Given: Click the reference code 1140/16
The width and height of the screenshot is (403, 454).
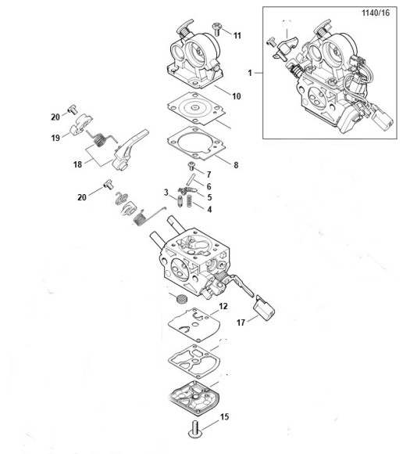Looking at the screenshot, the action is [376, 13].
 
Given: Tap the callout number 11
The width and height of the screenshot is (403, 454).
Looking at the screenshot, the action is [237, 35].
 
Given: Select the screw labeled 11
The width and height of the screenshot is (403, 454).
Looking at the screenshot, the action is [216, 29].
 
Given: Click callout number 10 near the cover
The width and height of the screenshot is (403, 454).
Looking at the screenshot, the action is [237, 96].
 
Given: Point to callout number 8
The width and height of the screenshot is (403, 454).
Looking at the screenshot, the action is [236, 165].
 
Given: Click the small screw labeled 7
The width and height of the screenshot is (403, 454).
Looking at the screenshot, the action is [192, 166].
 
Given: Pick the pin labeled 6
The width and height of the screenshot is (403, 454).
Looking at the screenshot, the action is [191, 179].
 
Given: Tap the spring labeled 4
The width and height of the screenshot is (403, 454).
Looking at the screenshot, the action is [189, 200].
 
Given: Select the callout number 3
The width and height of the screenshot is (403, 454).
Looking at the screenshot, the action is [166, 193].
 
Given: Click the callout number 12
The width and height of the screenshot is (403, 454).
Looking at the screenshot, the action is [223, 306].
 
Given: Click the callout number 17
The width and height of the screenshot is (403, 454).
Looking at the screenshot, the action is [241, 322].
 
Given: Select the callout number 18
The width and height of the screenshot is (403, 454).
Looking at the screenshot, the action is [77, 164].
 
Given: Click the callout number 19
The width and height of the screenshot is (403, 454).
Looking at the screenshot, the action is [55, 138].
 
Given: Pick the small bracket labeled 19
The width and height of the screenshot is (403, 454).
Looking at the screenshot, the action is [80, 124].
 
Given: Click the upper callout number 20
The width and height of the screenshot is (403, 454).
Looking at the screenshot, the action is [55, 117].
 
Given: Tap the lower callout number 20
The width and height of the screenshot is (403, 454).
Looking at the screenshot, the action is [82, 197].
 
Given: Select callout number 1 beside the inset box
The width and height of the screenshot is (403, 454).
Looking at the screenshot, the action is [250, 73].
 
